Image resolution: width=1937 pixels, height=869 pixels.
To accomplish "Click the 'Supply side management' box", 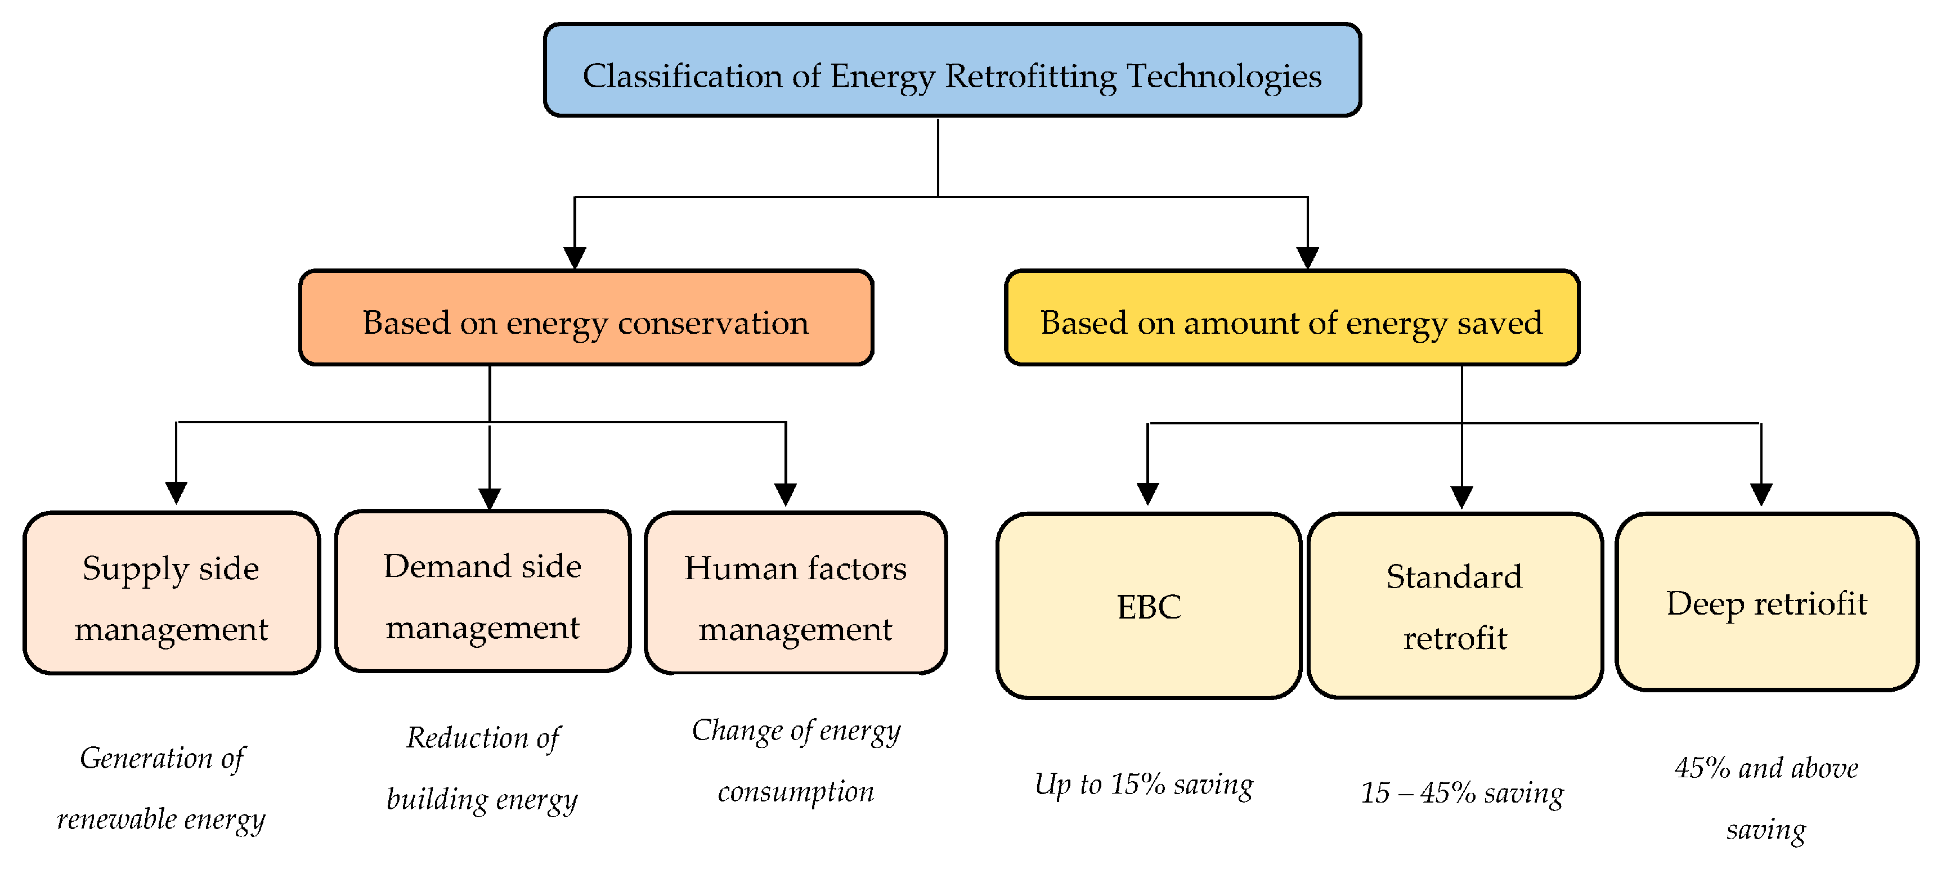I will coord(172,594).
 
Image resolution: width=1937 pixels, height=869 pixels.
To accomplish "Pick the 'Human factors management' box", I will coord(796,594).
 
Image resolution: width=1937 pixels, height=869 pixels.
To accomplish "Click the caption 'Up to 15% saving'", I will coord(1144,785).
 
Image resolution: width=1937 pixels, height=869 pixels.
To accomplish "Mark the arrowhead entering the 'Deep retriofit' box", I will coord(1761,494).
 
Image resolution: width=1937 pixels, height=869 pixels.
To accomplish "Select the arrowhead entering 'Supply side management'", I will coord(176,492).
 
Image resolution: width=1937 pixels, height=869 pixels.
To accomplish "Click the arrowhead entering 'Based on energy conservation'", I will coord(575,257).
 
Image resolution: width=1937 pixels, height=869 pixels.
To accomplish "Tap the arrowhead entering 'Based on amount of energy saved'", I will coord(1308,257).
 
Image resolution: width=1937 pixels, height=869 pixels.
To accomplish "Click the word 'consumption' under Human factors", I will coord(796,791).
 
